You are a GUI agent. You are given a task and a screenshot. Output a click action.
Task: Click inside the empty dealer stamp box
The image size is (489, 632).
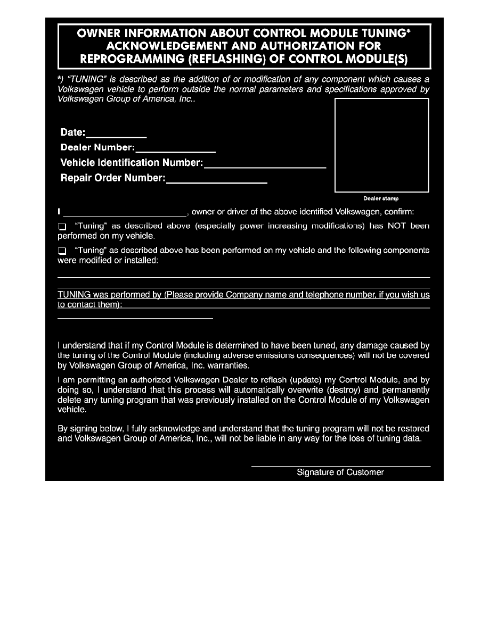[381, 145]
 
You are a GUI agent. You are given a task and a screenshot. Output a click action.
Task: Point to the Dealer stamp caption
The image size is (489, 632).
[381, 198]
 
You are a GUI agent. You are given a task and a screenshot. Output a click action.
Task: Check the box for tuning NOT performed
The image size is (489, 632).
[61, 227]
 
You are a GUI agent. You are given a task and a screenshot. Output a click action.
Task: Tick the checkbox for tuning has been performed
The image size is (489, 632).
[61, 250]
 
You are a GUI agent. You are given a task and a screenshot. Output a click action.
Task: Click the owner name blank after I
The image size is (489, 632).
[125, 213]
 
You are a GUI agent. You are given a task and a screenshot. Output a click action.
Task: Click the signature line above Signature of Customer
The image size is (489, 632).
[340, 466]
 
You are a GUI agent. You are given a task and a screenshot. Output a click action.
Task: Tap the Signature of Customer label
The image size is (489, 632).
[340, 472]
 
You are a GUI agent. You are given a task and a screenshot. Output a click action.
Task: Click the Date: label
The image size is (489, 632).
[73, 133]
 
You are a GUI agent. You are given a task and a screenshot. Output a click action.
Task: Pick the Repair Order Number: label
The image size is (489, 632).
[113, 179]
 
